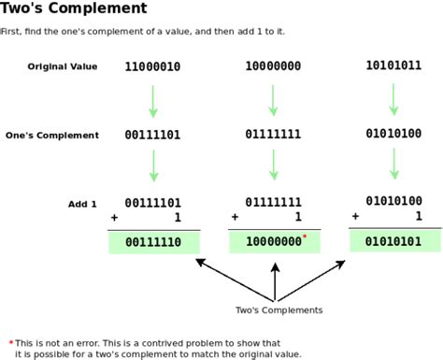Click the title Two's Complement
click(74, 8)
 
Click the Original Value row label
click(64, 66)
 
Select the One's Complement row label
click(52, 136)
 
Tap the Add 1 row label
click(83, 204)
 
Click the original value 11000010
click(153, 67)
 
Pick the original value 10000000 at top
click(273, 67)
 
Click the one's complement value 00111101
click(153, 136)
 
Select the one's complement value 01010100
click(393, 134)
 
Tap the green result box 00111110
click(154, 242)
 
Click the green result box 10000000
click(275, 241)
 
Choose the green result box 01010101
click(394, 240)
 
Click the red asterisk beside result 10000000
click(305, 237)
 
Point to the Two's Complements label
click(279, 310)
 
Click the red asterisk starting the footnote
click(11, 341)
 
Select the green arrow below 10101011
click(393, 98)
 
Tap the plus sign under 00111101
click(114, 217)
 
